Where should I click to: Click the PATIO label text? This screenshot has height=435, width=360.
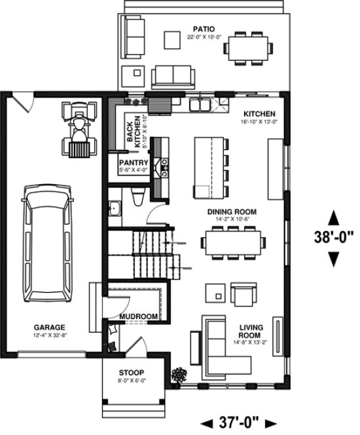[x=201, y=28]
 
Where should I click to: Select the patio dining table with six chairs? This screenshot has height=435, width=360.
[x=248, y=47]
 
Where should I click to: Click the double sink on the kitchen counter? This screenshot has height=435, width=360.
[x=200, y=104]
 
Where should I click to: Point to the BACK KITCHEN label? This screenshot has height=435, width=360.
[x=133, y=132]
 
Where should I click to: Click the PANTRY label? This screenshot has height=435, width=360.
[x=134, y=162]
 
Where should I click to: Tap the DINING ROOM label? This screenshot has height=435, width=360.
[x=231, y=212]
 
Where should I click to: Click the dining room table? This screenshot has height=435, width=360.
[x=234, y=242]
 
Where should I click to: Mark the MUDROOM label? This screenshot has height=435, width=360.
[x=139, y=317]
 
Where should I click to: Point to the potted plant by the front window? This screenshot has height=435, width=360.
[x=178, y=375]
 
